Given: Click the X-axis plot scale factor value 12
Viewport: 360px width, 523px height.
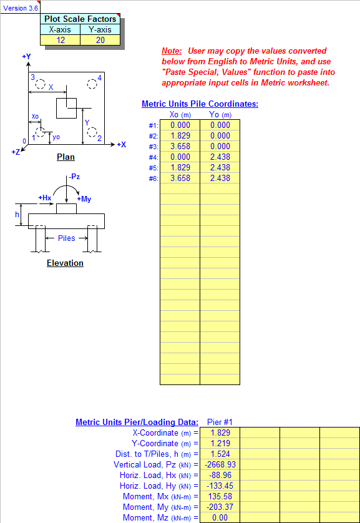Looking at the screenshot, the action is [x=61, y=40].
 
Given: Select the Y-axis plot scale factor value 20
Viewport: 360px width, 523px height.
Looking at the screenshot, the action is [x=100, y=40].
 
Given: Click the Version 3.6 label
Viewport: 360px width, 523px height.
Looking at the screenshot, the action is [x=21, y=8].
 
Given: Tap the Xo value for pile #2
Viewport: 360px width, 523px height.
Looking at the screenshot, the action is [x=180, y=136].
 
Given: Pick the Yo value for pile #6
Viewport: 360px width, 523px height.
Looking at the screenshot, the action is [x=220, y=178].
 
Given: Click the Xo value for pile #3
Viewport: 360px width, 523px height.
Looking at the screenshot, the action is [x=180, y=147].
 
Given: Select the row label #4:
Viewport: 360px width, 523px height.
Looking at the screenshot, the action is [x=153, y=157].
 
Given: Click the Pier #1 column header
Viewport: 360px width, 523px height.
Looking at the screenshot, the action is [x=220, y=422].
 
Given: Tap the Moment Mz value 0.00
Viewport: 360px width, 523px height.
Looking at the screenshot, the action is [x=220, y=517].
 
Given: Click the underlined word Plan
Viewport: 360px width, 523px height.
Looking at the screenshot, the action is [x=66, y=157].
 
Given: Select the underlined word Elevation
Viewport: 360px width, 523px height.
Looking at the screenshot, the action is [x=65, y=263].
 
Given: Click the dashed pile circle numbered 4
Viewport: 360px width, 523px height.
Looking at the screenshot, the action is [x=92, y=84].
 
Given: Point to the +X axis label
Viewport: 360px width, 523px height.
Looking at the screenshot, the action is [x=121, y=145].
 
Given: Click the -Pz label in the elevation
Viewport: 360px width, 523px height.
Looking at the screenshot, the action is [x=74, y=177].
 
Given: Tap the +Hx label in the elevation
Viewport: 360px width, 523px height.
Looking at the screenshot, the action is [x=45, y=198].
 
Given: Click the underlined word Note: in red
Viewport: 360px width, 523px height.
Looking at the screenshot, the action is [x=172, y=51].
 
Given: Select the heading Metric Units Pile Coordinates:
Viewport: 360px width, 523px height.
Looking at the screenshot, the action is [x=200, y=104].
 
